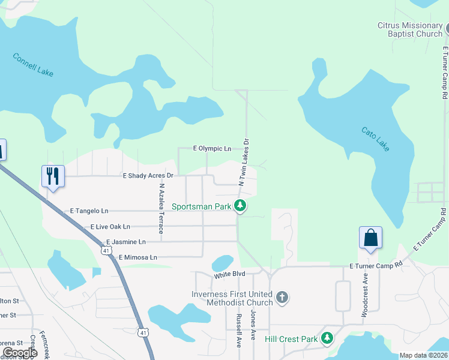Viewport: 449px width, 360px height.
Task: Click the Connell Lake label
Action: coord(33,65)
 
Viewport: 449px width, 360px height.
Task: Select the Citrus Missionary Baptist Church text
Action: coord(409,29)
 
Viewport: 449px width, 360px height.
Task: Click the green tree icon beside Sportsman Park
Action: coord(241,206)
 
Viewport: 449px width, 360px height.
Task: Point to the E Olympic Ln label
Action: coord(212,148)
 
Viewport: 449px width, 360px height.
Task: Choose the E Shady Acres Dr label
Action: coord(148,176)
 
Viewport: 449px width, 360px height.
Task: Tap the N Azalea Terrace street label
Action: coord(161,209)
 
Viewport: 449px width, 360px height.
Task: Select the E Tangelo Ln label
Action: coord(89,211)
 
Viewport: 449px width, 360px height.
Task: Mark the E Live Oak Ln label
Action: coord(110,227)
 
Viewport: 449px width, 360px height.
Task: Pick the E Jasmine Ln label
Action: coord(125,242)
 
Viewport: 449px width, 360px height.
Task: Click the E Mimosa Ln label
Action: coord(137,257)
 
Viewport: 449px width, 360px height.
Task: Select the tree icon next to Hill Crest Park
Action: coord(327,339)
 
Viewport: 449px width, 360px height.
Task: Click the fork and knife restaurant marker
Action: coord(53,176)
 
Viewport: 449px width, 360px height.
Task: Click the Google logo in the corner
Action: coord(19,353)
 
